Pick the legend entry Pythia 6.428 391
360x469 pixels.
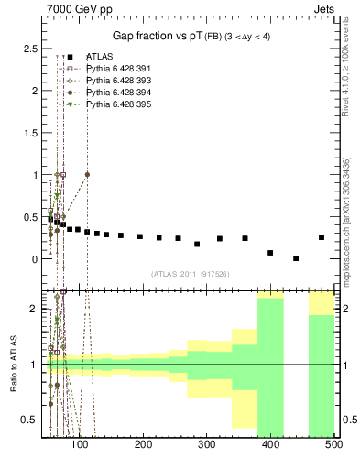click(x=116, y=70)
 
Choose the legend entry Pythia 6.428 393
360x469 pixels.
click(x=116, y=82)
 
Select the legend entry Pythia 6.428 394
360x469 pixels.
click(x=116, y=93)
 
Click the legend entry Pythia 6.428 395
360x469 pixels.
click(x=116, y=105)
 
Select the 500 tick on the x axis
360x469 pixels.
click(x=333, y=445)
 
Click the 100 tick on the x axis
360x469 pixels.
click(x=80, y=445)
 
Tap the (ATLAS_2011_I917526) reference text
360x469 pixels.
click(x=189, y=273)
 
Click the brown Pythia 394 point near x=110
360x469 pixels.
click(x=87, y=174)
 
